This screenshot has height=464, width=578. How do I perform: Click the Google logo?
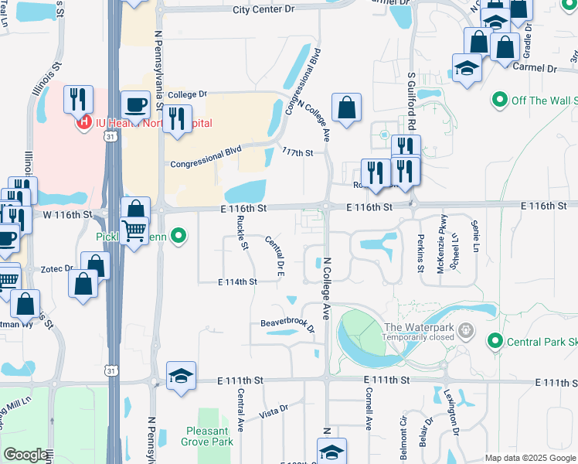(x=25, y=455)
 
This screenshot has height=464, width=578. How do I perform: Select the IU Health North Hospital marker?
(x=81, y=122)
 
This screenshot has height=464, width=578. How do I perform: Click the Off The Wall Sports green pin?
(x=499, y=101)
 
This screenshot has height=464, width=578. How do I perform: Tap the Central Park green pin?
(x=495, y=341)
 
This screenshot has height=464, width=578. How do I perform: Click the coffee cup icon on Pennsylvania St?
(x=135, y=104)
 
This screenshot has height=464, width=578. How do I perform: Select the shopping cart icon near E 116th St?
(x=135, y=229)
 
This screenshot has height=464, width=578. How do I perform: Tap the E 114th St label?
(x=236, y=282)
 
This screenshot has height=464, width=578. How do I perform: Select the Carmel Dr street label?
(x=535, y=68)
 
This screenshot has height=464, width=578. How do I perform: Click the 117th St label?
(x=297, y=152)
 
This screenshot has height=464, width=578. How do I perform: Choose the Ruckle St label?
(x=241, y=233)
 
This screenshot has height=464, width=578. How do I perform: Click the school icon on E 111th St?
(x=182, y=377)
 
